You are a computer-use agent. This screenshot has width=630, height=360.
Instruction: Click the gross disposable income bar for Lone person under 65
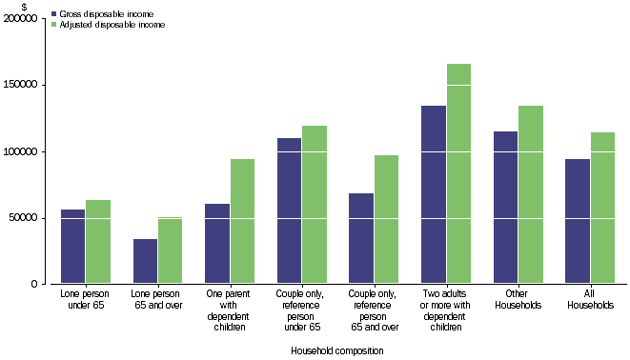click(x=72, y=247)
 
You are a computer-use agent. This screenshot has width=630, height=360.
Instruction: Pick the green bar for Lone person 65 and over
click(x=170, y=250)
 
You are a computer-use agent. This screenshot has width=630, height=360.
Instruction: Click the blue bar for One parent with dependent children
click(x=216, y=244)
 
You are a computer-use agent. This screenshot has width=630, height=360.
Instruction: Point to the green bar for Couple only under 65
click(x=314, y=205)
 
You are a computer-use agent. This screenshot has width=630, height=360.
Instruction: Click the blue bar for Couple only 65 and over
click(x=360, y=238)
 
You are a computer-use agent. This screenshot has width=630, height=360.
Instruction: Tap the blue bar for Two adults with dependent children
click(x=433, y=194)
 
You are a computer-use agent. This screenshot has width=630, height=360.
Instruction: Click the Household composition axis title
click(x=337, y=350)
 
